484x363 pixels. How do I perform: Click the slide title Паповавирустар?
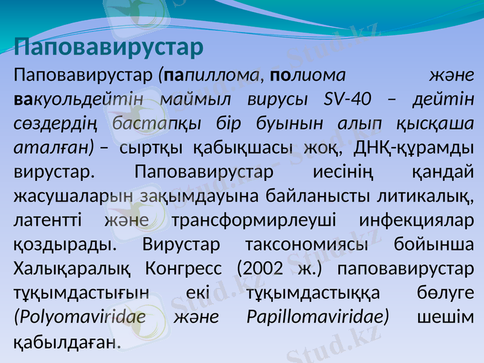[x=108, y=47]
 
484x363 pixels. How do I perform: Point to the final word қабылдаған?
[x=65, y=342]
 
